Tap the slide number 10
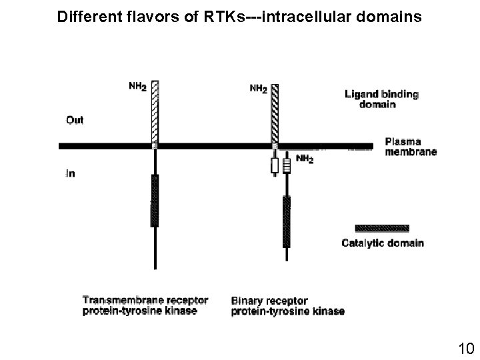pos(465,348)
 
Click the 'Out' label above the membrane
pos(75,120)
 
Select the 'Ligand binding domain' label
pos(381,99)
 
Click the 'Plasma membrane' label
pos(411,147)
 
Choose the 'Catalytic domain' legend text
pos(382,243)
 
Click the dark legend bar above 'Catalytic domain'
pos(382,227)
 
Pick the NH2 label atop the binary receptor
pos(259,89)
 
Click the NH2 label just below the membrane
pos(303,160)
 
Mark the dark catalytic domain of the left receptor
pos(155,201)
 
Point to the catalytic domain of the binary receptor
pos(286,221)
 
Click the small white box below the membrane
pos(274,166)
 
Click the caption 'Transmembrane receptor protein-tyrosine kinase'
pos(145,305)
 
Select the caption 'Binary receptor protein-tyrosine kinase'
pos(287,305)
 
